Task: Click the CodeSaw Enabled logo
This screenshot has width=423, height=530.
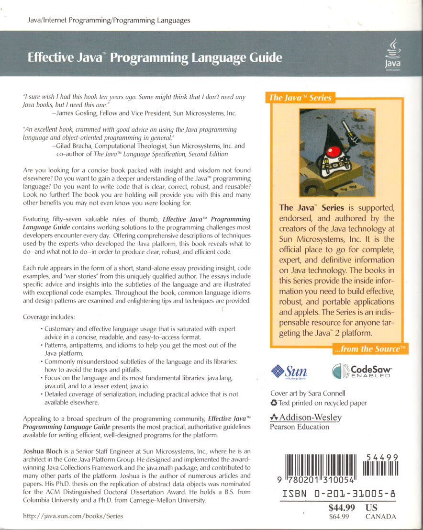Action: click(x=362, y=372)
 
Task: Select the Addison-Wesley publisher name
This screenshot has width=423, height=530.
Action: click(x=310, y=417)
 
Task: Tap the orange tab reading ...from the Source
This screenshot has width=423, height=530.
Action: click(x=370, y=349)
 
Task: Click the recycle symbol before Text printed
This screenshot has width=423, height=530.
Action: click(x=274, y=403)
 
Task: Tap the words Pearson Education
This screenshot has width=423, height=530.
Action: click(x=300, y=427)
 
